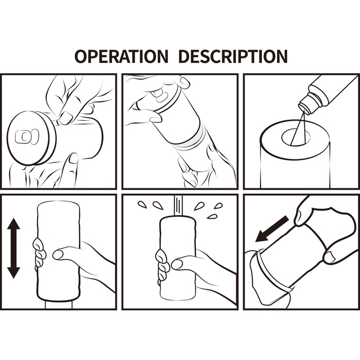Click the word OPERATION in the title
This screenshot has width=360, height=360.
coord(121,56)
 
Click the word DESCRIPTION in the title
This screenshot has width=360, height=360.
coord(233,56)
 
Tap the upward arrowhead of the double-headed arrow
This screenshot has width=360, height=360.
coord(13,225)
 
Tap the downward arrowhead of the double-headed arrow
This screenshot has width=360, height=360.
coord(13,272)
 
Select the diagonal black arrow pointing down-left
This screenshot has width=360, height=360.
coord(272,228)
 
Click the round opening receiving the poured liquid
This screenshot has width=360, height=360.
coord(296,137)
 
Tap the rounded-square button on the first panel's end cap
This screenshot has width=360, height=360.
coord(23,137)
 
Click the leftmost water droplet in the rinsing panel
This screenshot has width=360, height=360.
coord(142,204)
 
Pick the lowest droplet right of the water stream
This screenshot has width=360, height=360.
coord(211,217)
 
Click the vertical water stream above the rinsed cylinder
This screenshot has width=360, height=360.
coord(178,205)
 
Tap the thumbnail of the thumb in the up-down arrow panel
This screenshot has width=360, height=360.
coord(58,254)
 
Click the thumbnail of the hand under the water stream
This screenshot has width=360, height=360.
coord(176,264)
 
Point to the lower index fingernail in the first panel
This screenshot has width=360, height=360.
coord(74,159)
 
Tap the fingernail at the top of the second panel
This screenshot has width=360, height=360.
coord(185,82)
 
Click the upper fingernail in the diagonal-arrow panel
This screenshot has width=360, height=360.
coord(298,217)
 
